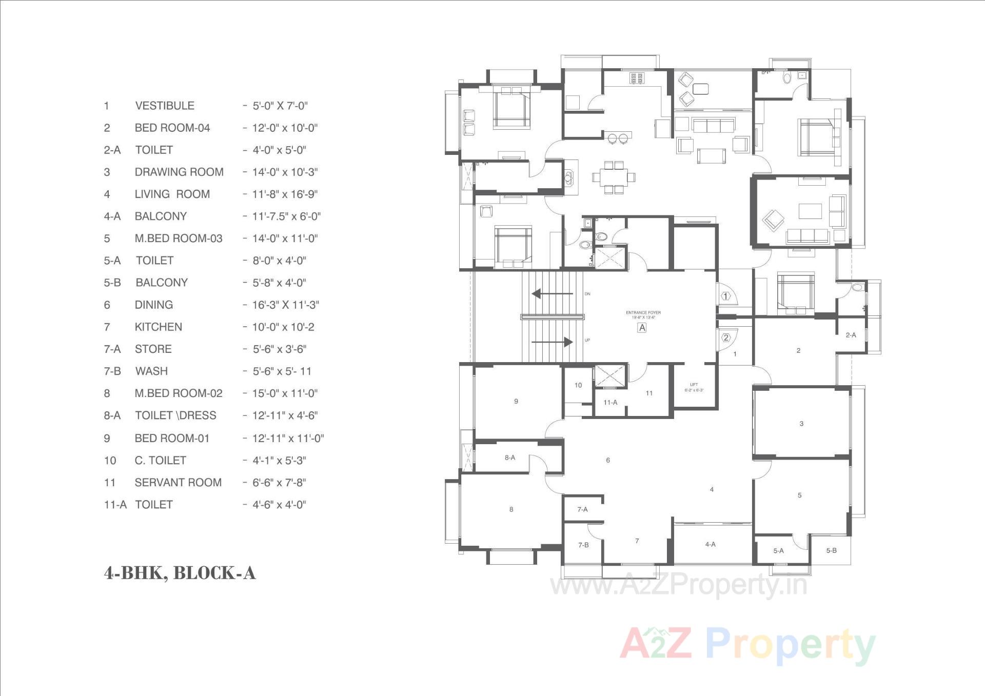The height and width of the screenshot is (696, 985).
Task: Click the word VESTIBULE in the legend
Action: pyautogui.click(x=165, y=106)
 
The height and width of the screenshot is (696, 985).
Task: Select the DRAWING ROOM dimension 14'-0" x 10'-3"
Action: pyautogui.click(x=284, y=172)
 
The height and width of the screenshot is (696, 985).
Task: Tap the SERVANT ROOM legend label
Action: pyautogui.click(x=178, y=483)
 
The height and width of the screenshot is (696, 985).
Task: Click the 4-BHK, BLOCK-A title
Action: pyautogui.click(x=180, y=573)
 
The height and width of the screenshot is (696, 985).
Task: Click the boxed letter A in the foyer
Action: pyautogui.click(x=642, y=328)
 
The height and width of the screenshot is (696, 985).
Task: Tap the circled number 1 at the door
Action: pyautogui.click(x=725, y=296)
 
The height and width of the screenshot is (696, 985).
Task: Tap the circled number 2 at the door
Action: pyautogui.click(x=726, y=337)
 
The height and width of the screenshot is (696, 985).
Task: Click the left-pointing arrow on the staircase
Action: pyautogui.click(x=552, y=294)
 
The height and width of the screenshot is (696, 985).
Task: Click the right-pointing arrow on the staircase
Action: pyautogui.click(x=552, y=342)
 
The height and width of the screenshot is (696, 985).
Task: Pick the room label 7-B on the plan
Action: pyautogui.click(x=583, y=545)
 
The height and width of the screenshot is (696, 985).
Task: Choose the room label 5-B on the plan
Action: pyautogui.click(x=832, y=550)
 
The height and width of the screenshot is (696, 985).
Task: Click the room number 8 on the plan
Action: pyautogui.click(x=511, y=509)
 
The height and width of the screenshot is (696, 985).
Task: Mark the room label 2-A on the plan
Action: pyautogui.click(x=851, y=335)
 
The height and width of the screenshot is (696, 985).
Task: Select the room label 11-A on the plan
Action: pyautogui.click(x=610, y=402)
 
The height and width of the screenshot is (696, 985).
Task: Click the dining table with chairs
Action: pyautogui.click(x=614, y=177)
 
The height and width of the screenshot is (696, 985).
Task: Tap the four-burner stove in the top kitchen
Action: pyautogui.click(x=637, y=78)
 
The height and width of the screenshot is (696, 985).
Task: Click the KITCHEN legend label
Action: pyautogui.click(x=158, y=327)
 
